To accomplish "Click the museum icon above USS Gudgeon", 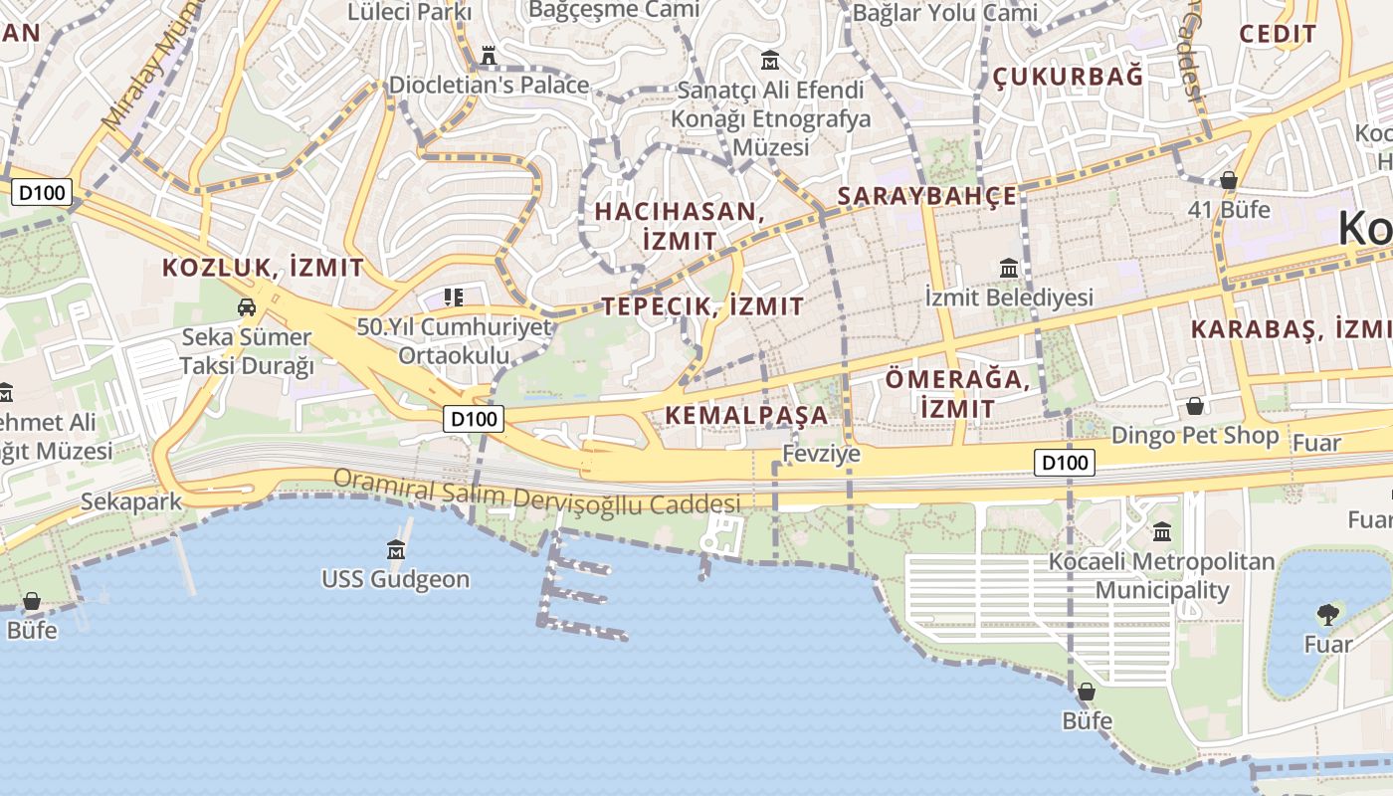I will [x=396, y=549].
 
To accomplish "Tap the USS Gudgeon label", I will [x=395, y=579].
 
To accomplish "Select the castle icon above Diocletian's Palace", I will [x=488, y=56].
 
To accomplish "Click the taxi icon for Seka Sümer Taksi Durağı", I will [x=246, y=307].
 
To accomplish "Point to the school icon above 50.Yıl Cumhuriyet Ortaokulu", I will [x=454, y=297].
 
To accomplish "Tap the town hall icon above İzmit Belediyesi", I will [x=1009, y=268].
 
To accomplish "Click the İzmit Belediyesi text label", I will [x=1009, y=297].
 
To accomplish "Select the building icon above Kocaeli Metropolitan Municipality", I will [x=1161, y=531].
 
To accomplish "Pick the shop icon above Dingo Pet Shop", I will [x=1194, y=406].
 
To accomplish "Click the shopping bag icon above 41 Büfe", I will [x=1229, y=180].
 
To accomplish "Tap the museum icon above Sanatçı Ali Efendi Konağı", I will [x=769, y=60].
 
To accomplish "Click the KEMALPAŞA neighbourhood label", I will [x=746, y=415].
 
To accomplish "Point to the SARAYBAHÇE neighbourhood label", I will [x=927, y=196].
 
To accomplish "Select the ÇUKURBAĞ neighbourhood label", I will [x=1068, y=77].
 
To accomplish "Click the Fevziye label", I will [x=821, y=454].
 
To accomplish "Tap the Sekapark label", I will [x=132, y=500].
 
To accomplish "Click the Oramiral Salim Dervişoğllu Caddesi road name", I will [x=537, y=492].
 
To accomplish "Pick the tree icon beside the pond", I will [x=1327, y=614].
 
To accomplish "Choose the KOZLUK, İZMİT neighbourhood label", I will [x=263, y=268].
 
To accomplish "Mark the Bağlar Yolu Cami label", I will [x=944, y=13].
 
